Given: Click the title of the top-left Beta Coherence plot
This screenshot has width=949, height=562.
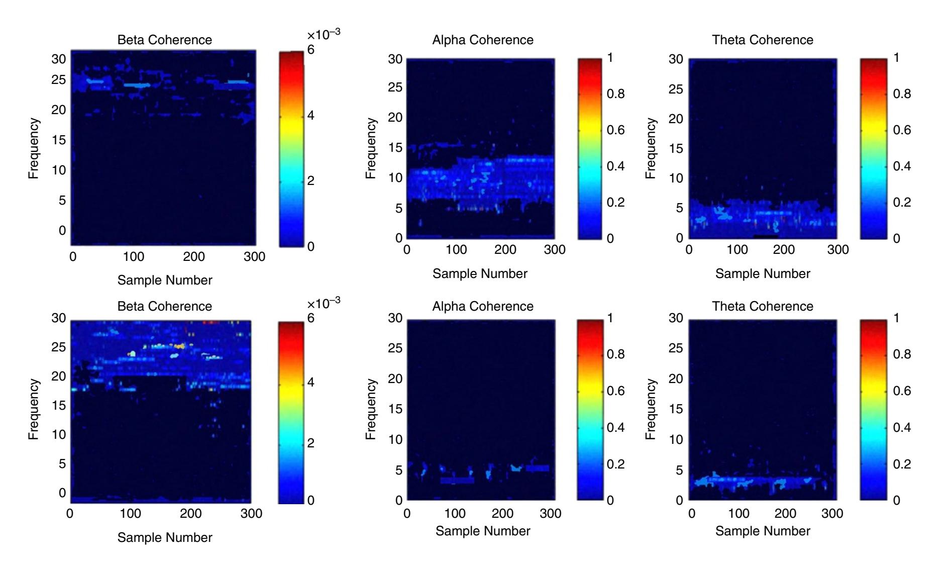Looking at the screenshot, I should click(165, 40).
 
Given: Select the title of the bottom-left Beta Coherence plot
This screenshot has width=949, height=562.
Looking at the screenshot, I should click(165, 306).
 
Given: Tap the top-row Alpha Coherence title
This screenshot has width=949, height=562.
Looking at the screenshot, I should click(483, 40).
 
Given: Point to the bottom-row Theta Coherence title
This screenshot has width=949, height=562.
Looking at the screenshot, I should click(762, 306).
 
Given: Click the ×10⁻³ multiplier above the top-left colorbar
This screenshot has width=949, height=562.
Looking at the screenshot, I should click(324, 34).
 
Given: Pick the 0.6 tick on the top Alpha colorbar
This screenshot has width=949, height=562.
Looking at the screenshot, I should click(615, 130).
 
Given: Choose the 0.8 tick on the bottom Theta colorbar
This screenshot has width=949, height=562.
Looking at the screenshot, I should click(902, 354).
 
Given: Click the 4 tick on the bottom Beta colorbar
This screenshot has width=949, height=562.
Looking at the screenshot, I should click(310, 383).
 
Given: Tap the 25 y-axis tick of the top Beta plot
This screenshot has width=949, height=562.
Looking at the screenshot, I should click(59, 80).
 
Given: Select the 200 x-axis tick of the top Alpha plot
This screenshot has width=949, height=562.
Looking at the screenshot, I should click(505, 249).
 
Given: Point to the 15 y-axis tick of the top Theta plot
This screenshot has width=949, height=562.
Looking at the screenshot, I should click(676, 148).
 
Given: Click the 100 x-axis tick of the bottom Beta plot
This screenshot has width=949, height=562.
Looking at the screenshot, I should click(130, 513).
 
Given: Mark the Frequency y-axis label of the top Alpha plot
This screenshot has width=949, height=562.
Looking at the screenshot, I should click(371, 148).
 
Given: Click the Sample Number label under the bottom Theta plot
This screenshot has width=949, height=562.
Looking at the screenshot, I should click(763, 531).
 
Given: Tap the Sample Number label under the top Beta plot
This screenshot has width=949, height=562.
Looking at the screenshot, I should click(165, 280).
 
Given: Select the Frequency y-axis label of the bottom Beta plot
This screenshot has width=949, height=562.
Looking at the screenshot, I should click(33, 409).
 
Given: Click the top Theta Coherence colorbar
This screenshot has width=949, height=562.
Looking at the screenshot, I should click(872, 148).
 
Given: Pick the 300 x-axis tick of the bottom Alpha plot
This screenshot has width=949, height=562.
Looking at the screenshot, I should click(551, 513).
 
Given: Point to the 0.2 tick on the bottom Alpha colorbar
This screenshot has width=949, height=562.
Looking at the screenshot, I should click(615, 464).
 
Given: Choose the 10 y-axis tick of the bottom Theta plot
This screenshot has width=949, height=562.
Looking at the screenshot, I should click(676, 440).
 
